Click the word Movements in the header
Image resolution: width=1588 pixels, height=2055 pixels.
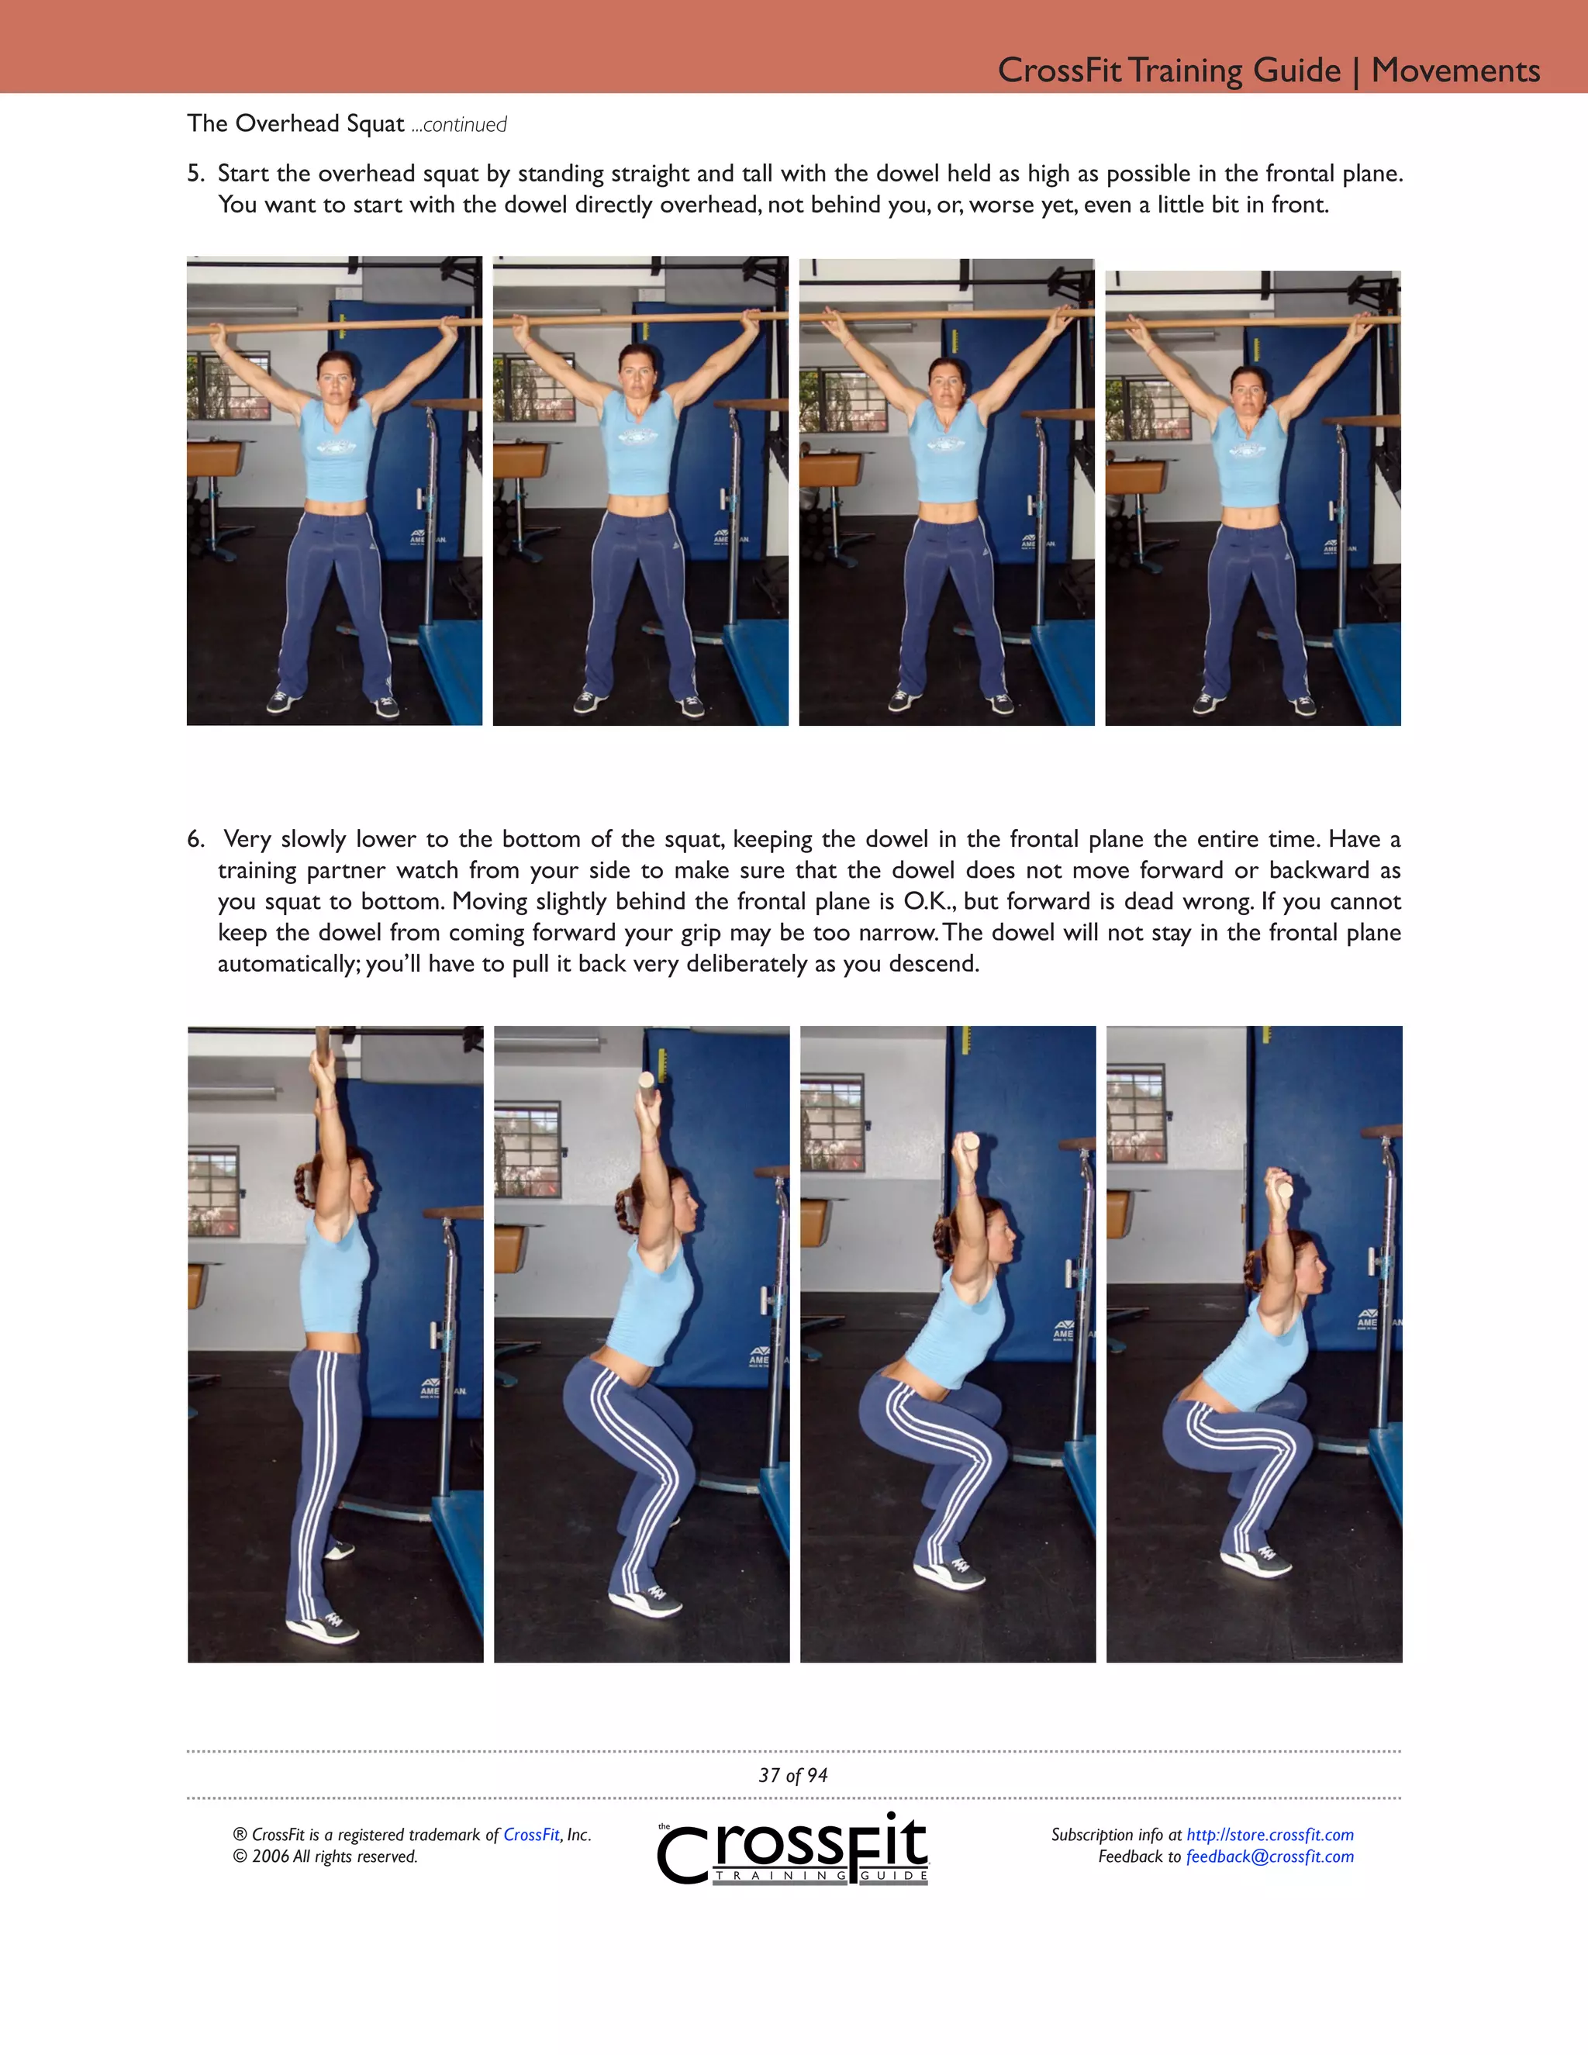[x=1455, y=71]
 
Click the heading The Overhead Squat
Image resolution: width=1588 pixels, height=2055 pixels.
[x=295, y=123]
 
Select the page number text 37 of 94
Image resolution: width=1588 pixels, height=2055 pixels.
[x=793, y=1776]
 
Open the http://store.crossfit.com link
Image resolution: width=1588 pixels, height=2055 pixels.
[x=1269, y=1835]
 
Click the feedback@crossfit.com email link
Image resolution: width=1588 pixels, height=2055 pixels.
[x=1269, y=1856]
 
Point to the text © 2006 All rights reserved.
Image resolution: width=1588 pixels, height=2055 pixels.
[x=326, y=1856]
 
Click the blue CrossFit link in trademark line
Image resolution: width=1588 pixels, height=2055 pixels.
[x=531, y=1835]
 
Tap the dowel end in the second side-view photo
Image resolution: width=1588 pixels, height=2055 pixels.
[x=647, y=1081]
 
